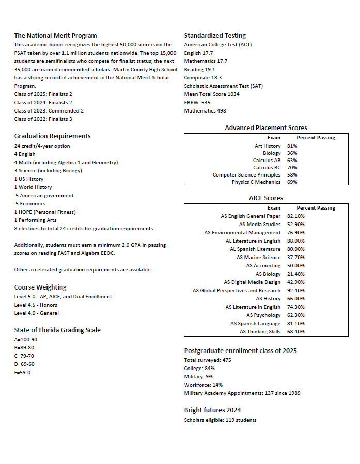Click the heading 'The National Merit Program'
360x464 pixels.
tap(55, 36)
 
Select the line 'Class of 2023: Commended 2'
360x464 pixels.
tap(49, 111)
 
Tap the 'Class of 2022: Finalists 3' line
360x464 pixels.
tap(43, 119)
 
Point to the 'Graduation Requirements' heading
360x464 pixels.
tap(52, 136)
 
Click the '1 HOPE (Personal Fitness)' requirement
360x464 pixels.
tap(45, 212)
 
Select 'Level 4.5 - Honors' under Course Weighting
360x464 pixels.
tap(36, 305)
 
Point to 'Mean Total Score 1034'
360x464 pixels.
tap(212, 94)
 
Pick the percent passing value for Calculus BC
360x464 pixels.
tap(292, 168)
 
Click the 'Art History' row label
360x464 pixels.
tap(268, 146)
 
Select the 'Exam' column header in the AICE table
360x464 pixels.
tap(274, 208)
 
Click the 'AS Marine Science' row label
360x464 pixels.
tap(259, 258)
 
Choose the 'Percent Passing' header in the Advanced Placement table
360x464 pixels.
tap(316, 138)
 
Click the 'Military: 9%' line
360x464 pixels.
tap(198, 377)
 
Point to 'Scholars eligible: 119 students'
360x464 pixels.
tap(220, 420)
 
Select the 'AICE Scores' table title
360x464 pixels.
tap(265, 198)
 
